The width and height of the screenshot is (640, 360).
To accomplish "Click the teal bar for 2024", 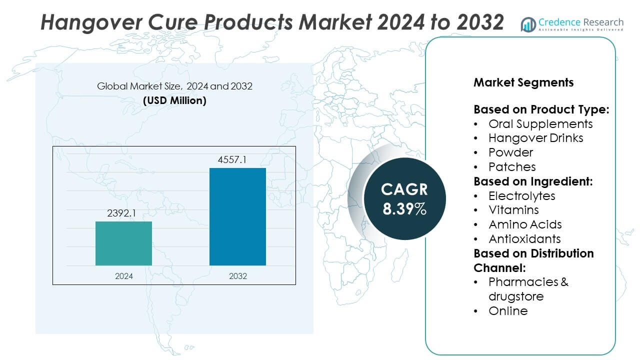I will tap(123, 243).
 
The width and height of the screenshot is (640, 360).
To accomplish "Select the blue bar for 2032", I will tap(237, 216).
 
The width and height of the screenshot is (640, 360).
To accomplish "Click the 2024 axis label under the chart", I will tap(123, 276).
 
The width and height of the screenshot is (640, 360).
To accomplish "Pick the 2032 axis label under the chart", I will tap(237, 276).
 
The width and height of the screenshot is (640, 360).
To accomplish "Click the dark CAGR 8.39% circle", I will tap(404, 198).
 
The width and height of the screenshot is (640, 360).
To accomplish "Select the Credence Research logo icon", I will tap(528, 24).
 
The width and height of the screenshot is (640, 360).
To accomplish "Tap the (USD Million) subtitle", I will tap(174, 100).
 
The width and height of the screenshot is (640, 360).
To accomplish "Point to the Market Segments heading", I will tap(523, 82).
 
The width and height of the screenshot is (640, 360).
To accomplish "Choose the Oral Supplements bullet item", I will tap(540, 123).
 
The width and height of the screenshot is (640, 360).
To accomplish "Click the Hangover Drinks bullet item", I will tap(535, 137).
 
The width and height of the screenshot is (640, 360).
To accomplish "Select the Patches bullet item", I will tap(512, 166).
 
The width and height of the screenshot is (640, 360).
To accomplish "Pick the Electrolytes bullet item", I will tap(522, 195).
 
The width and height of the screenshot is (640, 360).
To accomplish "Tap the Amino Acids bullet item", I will tap(525, 224).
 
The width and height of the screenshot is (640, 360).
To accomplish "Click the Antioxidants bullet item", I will tap(524, 238).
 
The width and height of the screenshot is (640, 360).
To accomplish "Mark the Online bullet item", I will tap(508, 310).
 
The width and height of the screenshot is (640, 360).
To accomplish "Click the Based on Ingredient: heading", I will tap(533, 181).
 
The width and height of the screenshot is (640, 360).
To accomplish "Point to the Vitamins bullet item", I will tap(513, 210).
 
